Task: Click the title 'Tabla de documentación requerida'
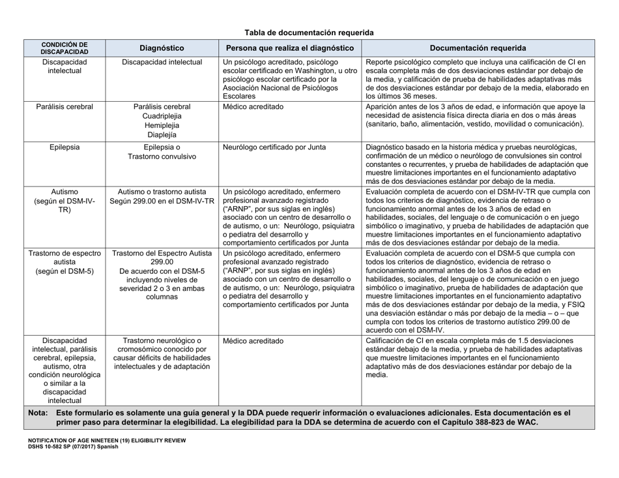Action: tap(309, 31)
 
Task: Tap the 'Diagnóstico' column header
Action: tap(162, 48)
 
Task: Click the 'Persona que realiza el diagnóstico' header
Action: tap(289, 48)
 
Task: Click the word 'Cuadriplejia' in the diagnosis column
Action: tap(162, 117)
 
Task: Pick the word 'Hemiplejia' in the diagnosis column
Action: tap(162, 127)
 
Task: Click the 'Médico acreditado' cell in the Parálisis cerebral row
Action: tap(254, 107)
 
